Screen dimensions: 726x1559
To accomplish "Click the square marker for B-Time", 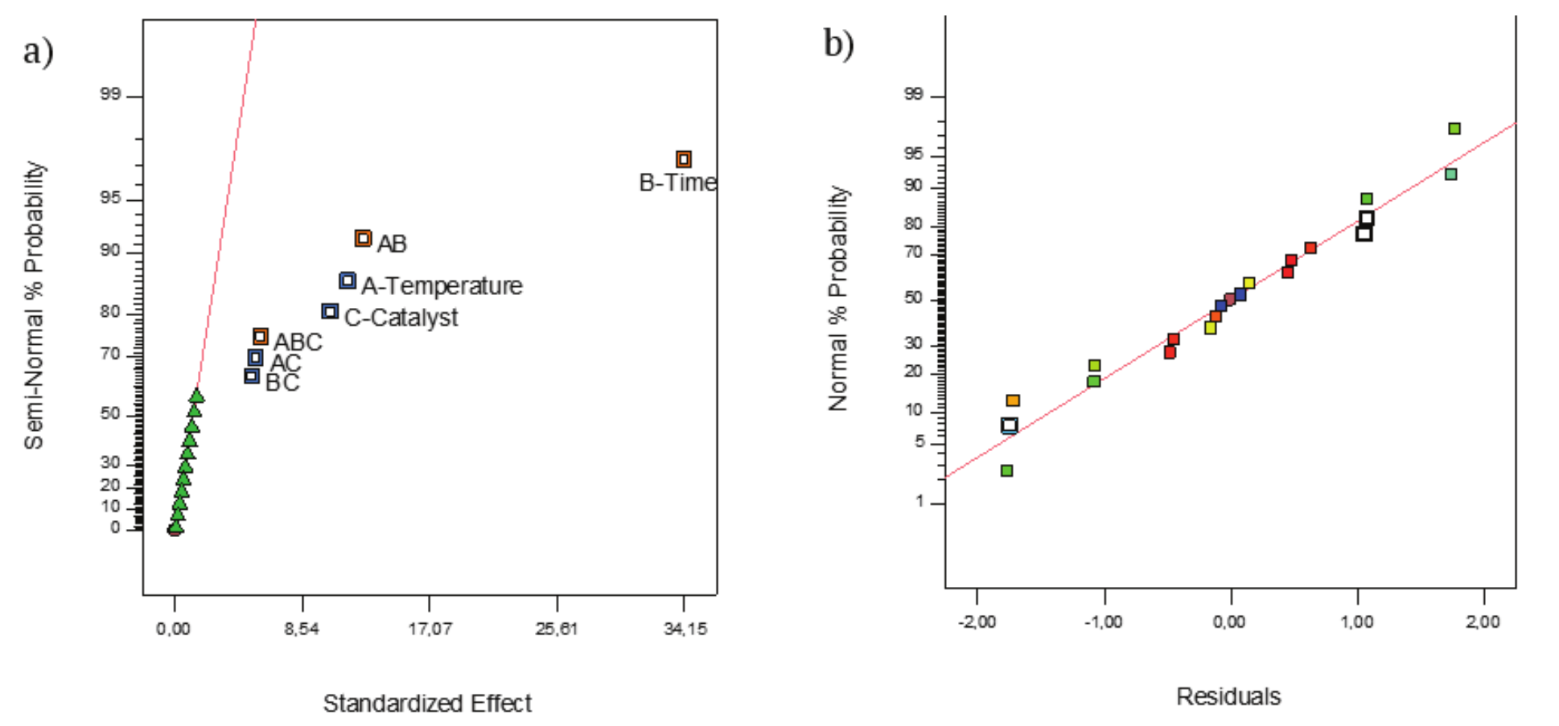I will coord(683,159).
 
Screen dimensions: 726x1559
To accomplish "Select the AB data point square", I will coord(363,238).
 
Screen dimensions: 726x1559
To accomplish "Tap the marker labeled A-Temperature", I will coord(347,281).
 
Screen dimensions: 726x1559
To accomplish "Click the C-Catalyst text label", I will coord(401,318).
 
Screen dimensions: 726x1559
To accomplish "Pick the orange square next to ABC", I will coord(260,337).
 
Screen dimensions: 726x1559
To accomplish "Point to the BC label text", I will coord(282,383).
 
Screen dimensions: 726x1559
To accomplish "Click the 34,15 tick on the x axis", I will coord(685,628).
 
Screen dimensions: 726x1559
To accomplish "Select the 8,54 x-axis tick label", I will coord(302,628).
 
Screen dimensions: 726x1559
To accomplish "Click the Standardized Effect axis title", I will coord(427,703).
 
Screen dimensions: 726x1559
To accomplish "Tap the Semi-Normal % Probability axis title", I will coord(33,306).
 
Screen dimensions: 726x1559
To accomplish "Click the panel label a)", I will coord(38,52).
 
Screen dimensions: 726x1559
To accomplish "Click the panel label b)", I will coord(838,43).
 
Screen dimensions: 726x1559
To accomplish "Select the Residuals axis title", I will coord(1228,696).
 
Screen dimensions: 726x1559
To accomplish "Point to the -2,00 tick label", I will coord(977,621).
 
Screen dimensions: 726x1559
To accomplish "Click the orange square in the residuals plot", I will coord(1013,400).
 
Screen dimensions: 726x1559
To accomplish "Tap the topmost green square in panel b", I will coord(1454,129).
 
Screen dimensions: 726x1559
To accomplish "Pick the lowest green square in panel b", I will coord(1006,470).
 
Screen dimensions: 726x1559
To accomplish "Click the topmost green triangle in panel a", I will coord(196,396).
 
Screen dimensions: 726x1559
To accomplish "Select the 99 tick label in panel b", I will coord(913,95).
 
